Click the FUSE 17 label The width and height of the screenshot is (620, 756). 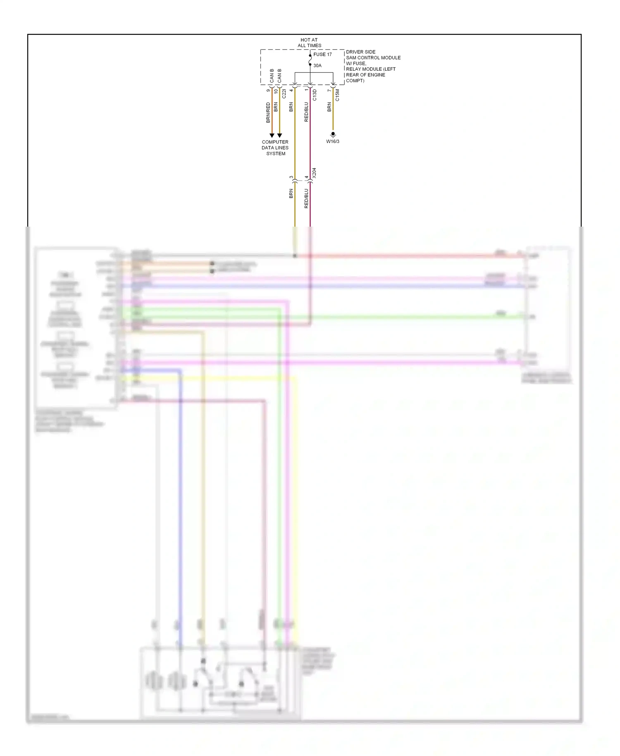click(322, 55)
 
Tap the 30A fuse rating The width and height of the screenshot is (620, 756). click(317, 66)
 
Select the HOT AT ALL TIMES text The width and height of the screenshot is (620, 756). click(309, 43)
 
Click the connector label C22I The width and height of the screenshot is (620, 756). click(284, 94)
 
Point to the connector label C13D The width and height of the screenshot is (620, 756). click(315, 95)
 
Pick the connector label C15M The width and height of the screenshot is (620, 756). click(337, 95)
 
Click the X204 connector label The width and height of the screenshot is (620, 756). click(314, 173)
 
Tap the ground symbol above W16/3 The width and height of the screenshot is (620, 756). click(333, 134)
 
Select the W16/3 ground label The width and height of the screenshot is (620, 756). click(333, 141)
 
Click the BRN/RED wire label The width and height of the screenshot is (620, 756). click(268, 112)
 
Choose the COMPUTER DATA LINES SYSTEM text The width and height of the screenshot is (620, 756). click(275, 148)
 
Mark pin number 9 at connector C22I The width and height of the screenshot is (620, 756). click(268, 90)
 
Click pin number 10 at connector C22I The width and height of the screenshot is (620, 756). click(276, 91)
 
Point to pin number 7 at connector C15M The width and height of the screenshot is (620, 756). click(329, 90)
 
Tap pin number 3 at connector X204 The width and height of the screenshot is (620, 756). click(291, 177)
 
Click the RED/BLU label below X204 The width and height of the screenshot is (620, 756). click(306, 198)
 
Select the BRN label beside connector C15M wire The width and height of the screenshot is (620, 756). click(329, 107)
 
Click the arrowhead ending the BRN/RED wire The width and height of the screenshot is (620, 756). click(272, 135)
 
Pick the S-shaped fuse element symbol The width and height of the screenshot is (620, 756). click(310, 60)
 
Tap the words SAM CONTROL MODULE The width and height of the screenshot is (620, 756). click(373, 58)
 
